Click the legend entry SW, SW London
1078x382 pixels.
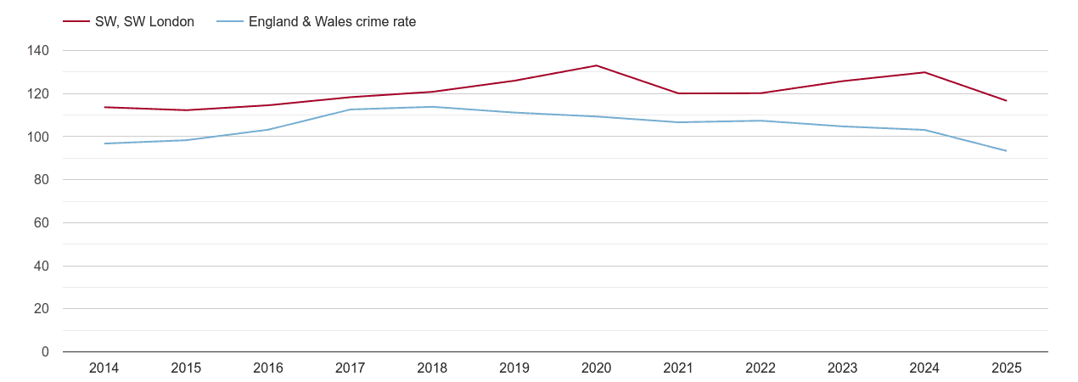point(144,22)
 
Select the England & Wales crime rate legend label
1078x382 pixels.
point(332,22)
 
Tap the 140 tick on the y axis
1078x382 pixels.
point(38,51)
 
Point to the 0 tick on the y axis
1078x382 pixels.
point(45,352)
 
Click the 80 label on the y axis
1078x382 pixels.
point(42,180)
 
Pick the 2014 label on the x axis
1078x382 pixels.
point(104,368)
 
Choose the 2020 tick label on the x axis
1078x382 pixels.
point(596,368)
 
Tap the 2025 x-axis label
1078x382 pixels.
point(1006,368)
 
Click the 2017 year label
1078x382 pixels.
point(350,368)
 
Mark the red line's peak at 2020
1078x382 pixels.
point(596,65)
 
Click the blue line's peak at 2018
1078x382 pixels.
point(432,107)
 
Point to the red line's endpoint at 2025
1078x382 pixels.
point(1006,101)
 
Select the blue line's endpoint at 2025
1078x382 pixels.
point(1006,151)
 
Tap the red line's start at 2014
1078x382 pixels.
point(104,107)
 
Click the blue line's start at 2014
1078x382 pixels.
point(104,143)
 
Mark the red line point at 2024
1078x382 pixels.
point(924,72)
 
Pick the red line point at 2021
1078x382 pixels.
point(678,93)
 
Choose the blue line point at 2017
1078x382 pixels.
point(350,110)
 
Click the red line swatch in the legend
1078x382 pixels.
point(76,22)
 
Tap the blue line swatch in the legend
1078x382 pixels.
point(230,22)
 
